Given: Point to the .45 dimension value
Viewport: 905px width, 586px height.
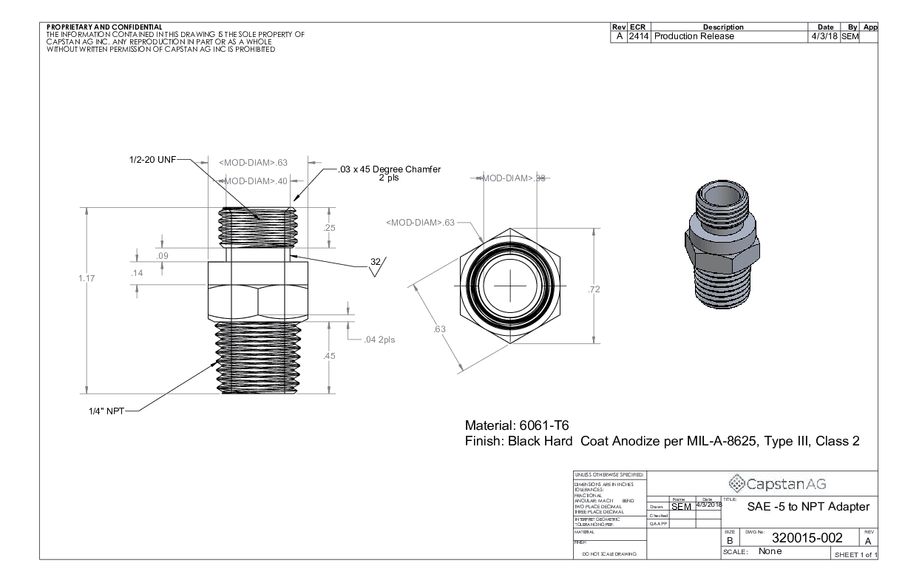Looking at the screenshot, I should pyautogui.click(x=330, y=356).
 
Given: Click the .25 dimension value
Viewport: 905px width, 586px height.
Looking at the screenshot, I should pyautogui.click(x=330, y=228).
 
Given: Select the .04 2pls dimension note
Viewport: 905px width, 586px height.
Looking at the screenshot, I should pyautogui.click(x=379, y=340).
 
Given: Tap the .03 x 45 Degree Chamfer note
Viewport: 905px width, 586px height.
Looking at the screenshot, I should pyautogui.click(x=389, y=169).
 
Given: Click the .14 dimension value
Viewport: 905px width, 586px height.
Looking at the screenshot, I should pyautogui.click(x=137, y=274).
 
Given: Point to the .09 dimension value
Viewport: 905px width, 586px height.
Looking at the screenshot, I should pyautogui.click(x=163, y=255).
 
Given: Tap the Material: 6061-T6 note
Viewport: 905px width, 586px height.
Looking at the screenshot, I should pyautogui.click(x=515, y=426).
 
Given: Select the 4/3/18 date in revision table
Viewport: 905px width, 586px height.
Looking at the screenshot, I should pyautogui.click(x=823, y=36).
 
